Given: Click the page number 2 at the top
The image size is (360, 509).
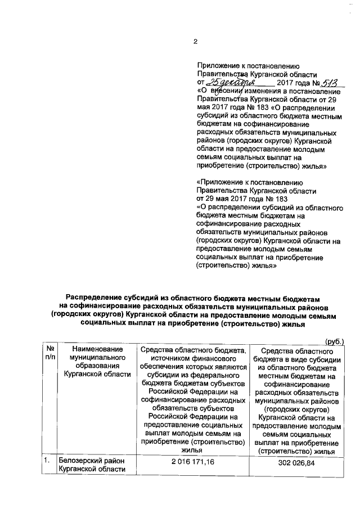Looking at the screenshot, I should pos(196,40).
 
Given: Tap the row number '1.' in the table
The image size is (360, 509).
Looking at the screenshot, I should pos(48,462).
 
